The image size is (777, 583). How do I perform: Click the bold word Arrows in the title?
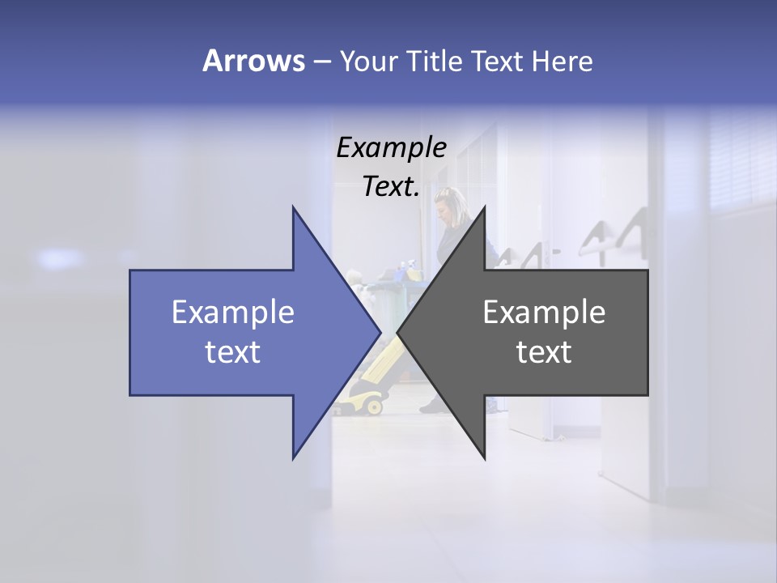coord(253,61)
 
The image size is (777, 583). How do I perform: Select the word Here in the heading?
coord(562,61)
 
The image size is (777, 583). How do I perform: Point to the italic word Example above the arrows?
coord(391,147)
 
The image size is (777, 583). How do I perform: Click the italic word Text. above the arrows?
coord(391,186)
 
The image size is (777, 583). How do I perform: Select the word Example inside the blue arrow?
coord(233,313)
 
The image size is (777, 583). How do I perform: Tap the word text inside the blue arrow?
coord(233,351)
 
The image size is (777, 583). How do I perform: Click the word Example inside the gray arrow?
coord(544,313)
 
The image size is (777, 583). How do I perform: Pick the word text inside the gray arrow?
coord(544,351)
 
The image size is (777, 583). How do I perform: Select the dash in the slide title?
coord(321,62)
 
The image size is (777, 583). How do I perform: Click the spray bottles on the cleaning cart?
coord(409,267)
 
